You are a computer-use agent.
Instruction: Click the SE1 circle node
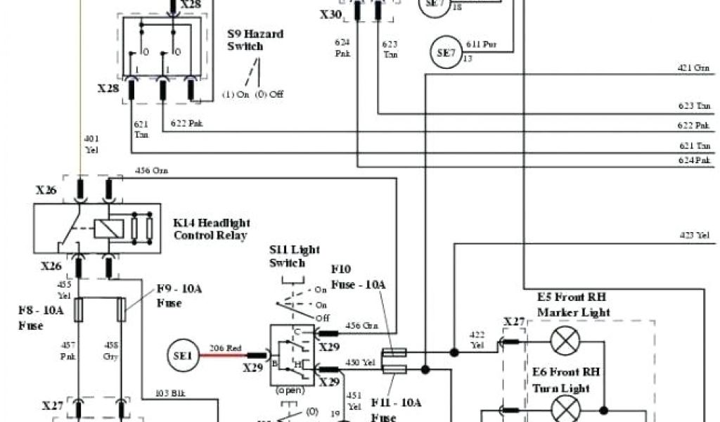coord(182,357)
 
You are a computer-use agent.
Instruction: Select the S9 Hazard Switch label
coord(245,40)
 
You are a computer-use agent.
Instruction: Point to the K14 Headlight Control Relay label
coord(210,229)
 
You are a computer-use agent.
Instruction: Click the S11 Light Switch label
coord(287,257)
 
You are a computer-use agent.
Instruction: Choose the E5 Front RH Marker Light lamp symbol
coord(563,342)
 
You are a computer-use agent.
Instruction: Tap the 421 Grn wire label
coord(693,68)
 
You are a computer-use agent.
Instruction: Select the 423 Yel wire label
coord(693,236)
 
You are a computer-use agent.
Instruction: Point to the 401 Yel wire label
coord(91,143)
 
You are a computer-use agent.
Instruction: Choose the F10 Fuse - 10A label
coord(358,276)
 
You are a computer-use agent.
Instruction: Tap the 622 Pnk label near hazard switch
coord(188,124)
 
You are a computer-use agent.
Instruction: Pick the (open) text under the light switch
coord(290,390)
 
